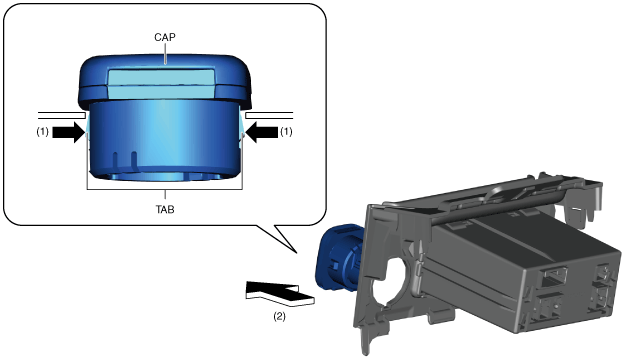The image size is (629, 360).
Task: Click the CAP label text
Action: click(x=164, y=37)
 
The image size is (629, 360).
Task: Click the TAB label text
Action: click(x=165, y=209)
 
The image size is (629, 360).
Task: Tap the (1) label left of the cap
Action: click(x=43, y=132)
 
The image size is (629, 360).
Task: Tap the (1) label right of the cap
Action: click(x=286, y=132)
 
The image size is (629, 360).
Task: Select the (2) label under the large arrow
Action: click(x=280, y=316)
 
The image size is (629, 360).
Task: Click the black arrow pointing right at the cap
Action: click(x=69, y=132)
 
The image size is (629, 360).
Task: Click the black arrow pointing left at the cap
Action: click(x=262, y=132)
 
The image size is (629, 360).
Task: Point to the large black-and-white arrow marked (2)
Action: click(x=280, y=294)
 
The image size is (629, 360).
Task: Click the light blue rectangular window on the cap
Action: click(x=161, y=84)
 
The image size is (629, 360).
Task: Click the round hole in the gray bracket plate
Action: click(x=391, y=284)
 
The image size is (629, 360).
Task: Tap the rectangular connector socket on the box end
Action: click(x=554, y=276)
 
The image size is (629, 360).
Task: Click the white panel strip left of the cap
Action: click(x=62, y=116)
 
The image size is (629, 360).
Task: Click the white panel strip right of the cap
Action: click(x=269, y=116)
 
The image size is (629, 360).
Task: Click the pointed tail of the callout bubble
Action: click(x=297, y=253)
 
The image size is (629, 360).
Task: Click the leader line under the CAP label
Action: click(x=165, y=53)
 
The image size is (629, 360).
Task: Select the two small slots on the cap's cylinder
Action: click(x=124, y=161)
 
